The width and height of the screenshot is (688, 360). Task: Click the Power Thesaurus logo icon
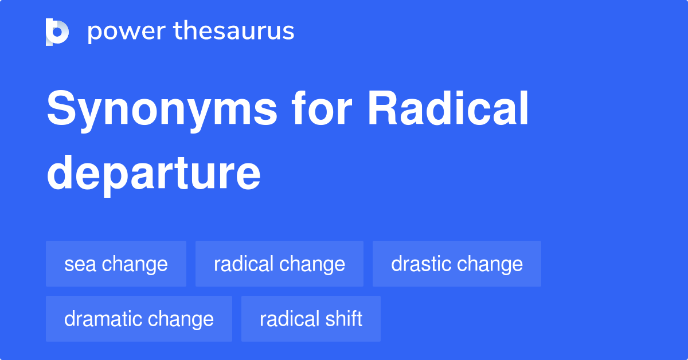57,32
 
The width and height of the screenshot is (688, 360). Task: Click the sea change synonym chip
116,264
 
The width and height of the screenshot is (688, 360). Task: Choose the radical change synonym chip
279,264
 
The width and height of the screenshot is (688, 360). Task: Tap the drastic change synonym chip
456,264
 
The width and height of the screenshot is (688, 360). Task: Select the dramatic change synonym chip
139,319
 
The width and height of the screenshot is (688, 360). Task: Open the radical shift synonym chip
311,319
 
